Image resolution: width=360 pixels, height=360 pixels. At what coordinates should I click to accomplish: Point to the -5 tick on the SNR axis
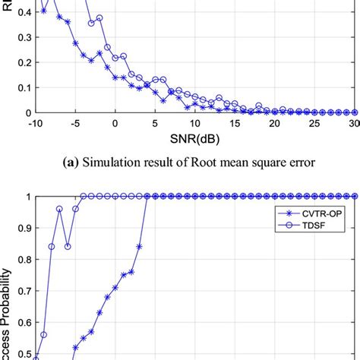75,122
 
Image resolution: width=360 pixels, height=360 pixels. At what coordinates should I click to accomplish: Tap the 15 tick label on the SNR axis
235,122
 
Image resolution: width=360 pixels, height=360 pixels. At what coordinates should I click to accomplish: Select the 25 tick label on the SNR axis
314,122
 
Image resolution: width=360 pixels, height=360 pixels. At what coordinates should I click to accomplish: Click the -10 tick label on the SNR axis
33,122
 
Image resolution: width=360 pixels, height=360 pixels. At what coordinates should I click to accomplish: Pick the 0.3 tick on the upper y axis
18,36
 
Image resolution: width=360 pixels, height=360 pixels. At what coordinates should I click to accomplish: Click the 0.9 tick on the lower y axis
18,228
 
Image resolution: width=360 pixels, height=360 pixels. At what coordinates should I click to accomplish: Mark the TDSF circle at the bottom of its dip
68,246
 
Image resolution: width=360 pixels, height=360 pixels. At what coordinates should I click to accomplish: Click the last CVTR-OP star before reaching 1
139,246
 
